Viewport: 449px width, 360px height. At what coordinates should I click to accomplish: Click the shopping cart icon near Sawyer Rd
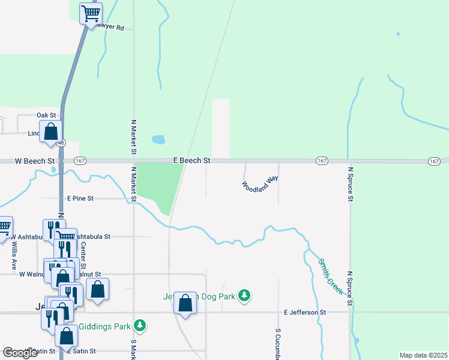click(x=91, y=13)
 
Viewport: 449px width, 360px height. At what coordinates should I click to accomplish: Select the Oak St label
click(x=46, y=115)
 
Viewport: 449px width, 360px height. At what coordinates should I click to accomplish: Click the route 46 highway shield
click(x=61, y=143)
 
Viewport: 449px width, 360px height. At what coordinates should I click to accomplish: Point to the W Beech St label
click(x=35, y=161)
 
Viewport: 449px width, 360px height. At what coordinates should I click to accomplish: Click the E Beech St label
click(x=191, y=161)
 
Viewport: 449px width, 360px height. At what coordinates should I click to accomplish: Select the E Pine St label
click(x=80, y=198)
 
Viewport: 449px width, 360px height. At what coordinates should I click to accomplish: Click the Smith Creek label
click(x=331, y=276)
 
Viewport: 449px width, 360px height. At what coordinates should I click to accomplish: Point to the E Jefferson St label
click(x=304, y=313)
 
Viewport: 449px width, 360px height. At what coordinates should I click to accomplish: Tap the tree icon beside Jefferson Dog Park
click(x=244, y=295)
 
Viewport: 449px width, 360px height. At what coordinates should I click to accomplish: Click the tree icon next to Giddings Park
click(x=140, y=325)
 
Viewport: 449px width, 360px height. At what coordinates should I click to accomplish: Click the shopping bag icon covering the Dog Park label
click(x=186, y=304)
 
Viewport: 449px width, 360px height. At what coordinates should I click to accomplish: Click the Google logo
click(x=20, y=353)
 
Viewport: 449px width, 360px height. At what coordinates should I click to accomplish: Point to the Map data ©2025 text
click(x=423, y=355)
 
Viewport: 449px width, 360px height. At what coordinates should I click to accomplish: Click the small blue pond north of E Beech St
click(x=158, y=140)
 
